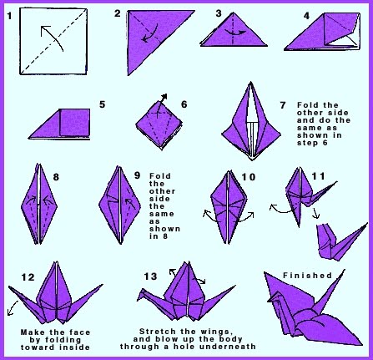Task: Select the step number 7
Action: [283, 105]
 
